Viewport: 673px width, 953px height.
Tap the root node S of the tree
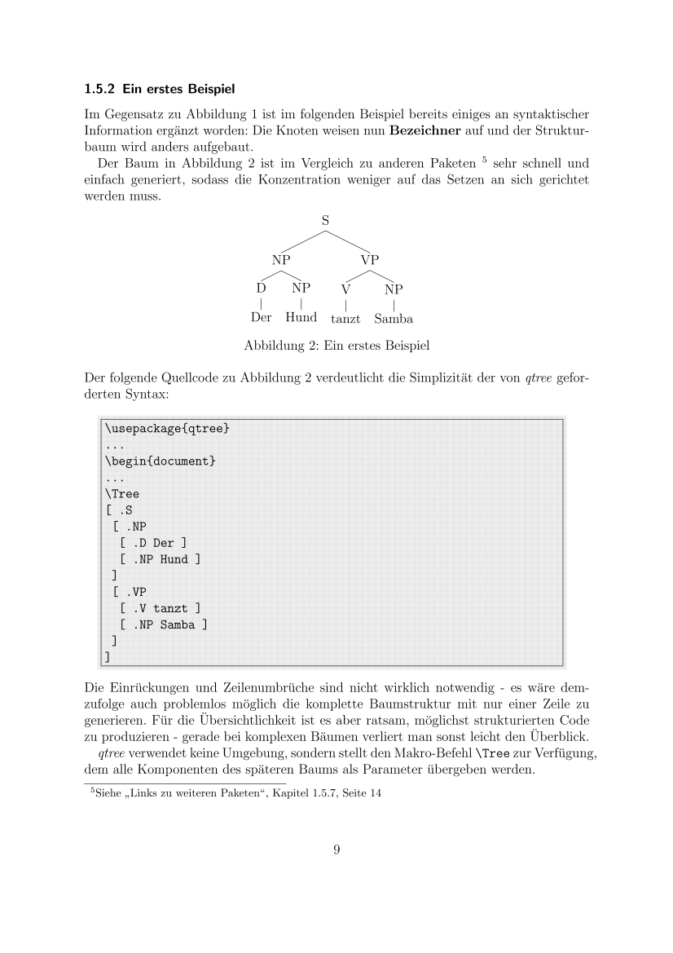click(326, 219)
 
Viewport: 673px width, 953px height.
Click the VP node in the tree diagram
click(370, 260)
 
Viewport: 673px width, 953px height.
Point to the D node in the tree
click(261, 288)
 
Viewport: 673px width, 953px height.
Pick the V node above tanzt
click(346, 289)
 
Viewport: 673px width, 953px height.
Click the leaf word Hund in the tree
click(301, 317)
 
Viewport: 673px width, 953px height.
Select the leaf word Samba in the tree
click(394, 319)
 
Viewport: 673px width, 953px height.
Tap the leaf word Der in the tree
click(261, 317)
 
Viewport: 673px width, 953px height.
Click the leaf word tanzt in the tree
click(345, 319)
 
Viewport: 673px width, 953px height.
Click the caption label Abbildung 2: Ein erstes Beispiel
click(336, 346)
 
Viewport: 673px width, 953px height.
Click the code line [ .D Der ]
click(153, 543)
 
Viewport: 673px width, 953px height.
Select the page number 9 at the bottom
click(336, 849)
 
